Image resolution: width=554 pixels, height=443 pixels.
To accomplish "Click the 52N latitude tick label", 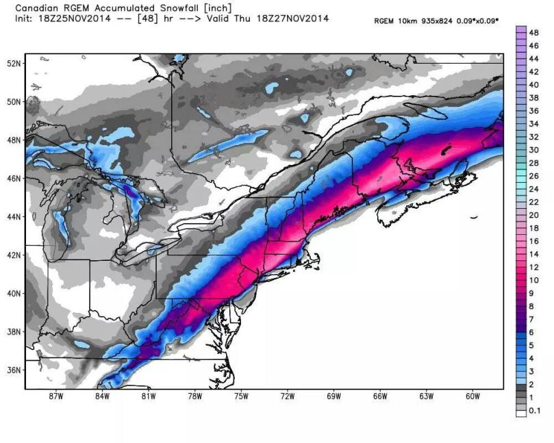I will coord(14,63).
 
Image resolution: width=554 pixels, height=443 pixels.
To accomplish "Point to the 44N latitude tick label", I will coord(14,216).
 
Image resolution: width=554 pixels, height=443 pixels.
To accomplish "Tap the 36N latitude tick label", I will coord(14,370).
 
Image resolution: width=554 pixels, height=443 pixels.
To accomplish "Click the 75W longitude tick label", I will coord(240,396).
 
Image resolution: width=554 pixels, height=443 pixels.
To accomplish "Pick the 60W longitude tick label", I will coord(472,396).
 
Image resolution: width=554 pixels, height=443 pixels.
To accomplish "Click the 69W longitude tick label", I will coord(333,396).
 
